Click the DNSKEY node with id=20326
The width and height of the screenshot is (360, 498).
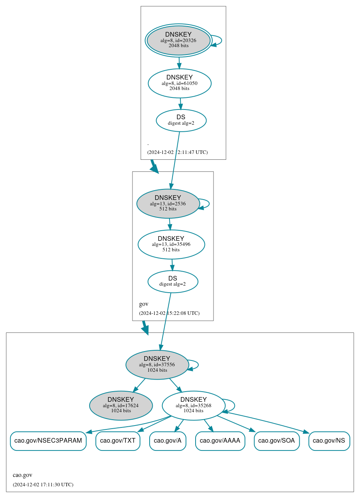[178, 40]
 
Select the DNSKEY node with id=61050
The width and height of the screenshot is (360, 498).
[180, 83]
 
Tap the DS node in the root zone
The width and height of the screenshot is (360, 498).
[181, 120]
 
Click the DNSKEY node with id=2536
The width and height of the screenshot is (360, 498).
[168, 203]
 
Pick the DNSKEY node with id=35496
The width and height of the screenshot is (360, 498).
[171, 244]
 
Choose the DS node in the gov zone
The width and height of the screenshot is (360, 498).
[173, 281]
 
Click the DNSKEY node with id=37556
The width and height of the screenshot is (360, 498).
[157, 365]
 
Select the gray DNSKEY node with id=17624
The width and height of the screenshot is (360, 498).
[121, 405]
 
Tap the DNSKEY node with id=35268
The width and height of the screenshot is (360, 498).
[193, 405]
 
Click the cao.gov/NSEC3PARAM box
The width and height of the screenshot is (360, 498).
[48, 441]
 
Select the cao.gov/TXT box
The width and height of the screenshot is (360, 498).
[118, 441]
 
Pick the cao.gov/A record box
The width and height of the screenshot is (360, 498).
[168, 441]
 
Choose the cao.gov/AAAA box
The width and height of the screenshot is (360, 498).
[220, 441]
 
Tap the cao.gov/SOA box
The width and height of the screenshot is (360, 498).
[277, 441]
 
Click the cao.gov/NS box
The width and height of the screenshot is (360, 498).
[329, 441]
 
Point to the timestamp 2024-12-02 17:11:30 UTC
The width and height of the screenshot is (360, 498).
[43, 484]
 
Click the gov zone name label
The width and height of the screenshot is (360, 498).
[143, 304]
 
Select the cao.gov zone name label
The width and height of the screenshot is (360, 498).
[23, 475]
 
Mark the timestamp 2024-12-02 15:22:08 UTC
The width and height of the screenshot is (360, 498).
[169, 313]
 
